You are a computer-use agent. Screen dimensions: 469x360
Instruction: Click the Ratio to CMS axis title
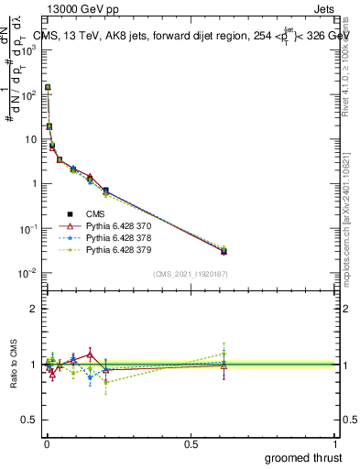13,378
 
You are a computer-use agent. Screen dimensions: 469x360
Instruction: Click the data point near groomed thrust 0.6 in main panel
224,251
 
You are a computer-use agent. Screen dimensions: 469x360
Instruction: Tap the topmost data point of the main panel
48,88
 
